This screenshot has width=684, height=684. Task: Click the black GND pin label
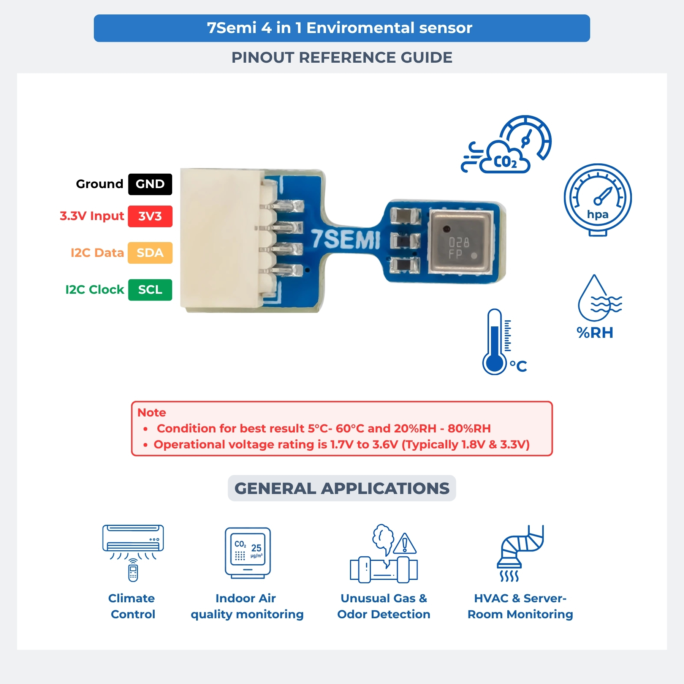(x=150, y=184)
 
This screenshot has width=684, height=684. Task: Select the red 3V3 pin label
(x=150, y=216)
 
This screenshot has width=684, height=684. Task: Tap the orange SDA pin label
(x=150, y=253)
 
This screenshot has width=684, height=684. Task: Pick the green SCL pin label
(x=150, y=290)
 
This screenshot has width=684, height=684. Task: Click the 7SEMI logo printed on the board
(x=346, y=239)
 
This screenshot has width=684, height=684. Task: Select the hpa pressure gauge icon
(x=598, y=200)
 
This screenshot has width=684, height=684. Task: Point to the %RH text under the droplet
(x=595, y=333)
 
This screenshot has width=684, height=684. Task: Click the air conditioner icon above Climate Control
(x=133, y=553)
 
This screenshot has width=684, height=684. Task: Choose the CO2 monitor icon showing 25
(x=248, y=553)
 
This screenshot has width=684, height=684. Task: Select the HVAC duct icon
(x=521, y=553)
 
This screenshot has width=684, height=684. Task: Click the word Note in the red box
(x=152, y=412)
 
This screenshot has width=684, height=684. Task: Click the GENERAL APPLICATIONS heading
(x=342, y=488)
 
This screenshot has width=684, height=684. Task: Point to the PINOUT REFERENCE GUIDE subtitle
(x=342, y=58)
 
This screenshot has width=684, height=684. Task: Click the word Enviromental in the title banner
(x=360, y=28)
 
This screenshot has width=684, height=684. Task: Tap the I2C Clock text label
(x=95, y=290)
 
